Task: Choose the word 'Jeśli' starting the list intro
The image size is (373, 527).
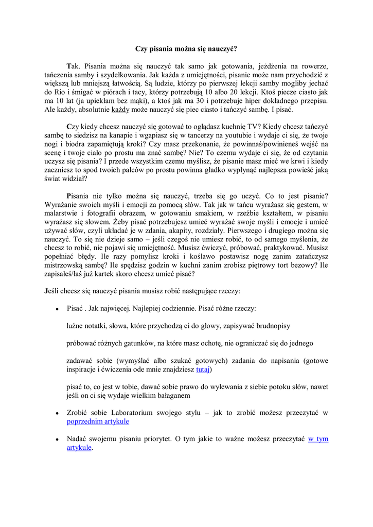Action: coord(52,291)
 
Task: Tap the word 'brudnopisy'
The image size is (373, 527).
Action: coord(273,326)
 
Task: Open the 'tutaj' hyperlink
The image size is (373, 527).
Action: coord(204,370)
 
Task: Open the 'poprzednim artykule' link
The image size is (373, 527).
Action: coord(98,421)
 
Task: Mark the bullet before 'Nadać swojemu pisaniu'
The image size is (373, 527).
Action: coord(57,440)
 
